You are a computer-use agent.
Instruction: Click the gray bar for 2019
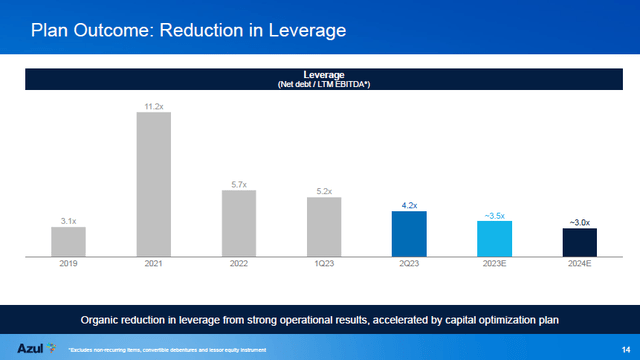pos(68,242)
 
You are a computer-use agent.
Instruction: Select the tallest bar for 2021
pos(153,184)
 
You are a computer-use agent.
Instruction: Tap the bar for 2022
pos(239,223)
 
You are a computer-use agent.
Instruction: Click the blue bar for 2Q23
pos(409,234)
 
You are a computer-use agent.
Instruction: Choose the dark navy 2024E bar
pos(580,243)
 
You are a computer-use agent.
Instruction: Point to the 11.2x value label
pos(153,104)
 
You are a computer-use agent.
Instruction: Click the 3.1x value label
pos(68,219)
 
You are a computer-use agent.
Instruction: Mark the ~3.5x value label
pos(494,213)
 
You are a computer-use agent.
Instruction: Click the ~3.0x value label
pos(580,220)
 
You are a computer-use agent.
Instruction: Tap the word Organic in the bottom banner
pos(103,318)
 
